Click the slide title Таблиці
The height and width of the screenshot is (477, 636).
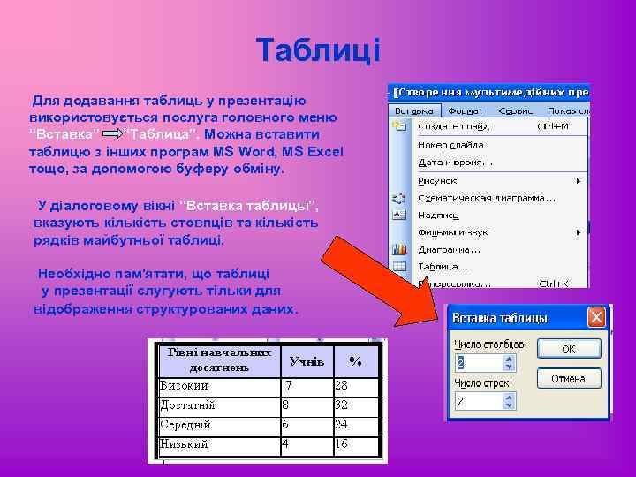point(317,50)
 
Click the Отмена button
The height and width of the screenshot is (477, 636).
point(568,378)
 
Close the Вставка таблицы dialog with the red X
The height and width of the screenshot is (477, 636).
point(597,317)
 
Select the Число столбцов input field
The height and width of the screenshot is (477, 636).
point(481,362)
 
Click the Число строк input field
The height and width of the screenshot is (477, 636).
point(481,401)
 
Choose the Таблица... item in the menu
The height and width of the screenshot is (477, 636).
point(443,265)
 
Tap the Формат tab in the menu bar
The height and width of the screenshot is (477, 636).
point(464,112)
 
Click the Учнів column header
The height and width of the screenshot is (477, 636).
point(307,361)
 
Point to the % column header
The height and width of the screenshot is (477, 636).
point(355,361)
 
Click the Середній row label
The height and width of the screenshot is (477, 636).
point(185,425)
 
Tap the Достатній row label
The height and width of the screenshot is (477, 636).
point(187,405)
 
